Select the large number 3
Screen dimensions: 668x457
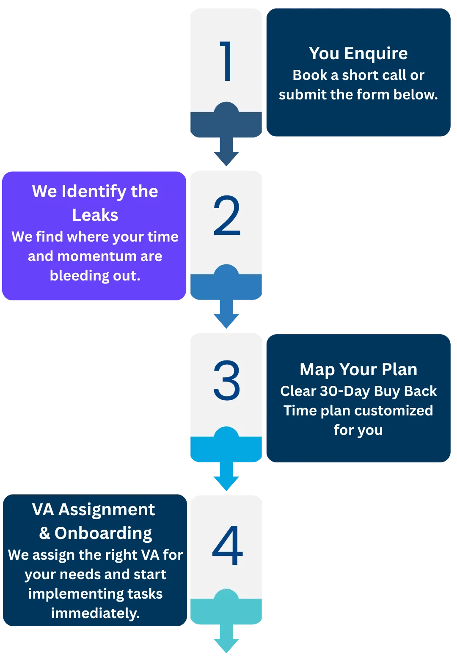(x=227, y=380)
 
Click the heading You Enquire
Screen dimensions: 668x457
(x=358, y=54)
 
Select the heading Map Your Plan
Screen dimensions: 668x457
(x=358, y=370)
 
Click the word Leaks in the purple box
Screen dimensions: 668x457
(x=95, y=215)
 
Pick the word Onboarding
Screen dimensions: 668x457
(x=103, y=533)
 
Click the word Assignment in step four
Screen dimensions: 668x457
(x=107, y=510)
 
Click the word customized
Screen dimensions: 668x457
(x=391, y=411)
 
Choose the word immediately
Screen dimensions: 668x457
(x=95, y=613)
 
